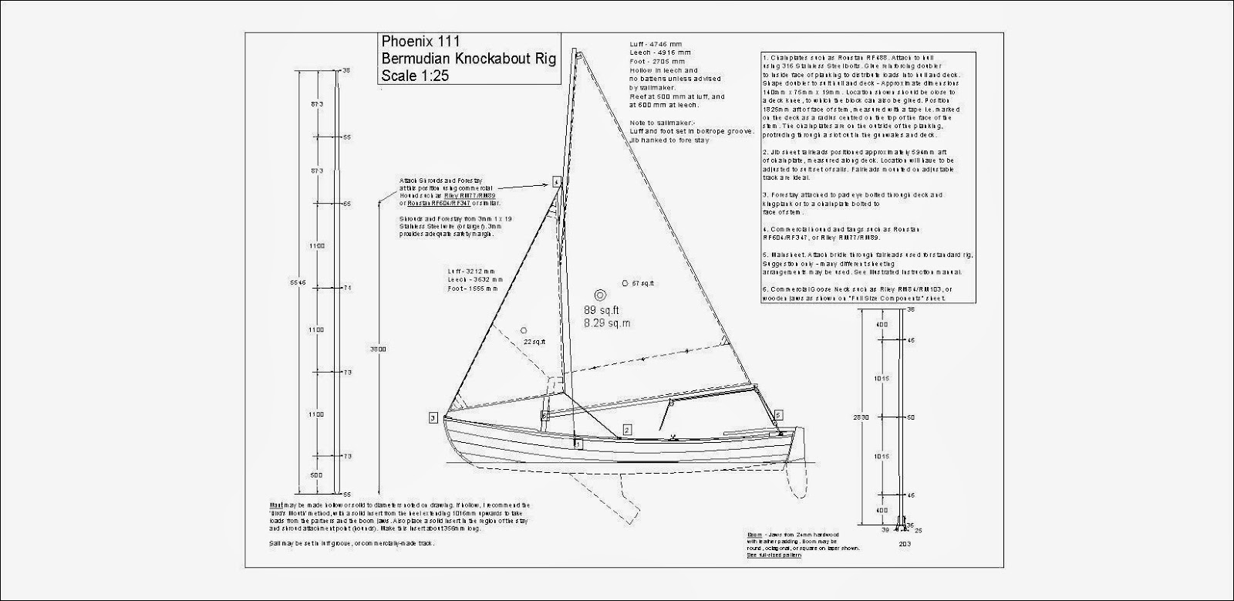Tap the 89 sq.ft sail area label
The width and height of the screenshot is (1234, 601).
point(601,309)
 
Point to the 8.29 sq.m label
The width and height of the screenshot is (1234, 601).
point(606,323)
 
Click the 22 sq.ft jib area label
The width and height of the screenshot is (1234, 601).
point(534,341)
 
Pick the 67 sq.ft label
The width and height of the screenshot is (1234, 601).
point(642,283)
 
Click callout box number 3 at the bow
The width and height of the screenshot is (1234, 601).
point(433,417)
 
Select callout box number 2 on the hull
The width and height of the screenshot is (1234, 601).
point(627,429)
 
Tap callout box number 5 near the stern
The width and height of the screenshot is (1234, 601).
point(778,415)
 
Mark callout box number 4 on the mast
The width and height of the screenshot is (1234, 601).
point(556,182)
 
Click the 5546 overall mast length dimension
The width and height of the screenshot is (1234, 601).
point(302,282)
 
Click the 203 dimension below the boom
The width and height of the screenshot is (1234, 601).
point(905,543)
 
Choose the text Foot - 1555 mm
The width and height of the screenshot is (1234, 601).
point(473,288)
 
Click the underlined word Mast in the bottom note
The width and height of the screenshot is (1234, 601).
point(275,505)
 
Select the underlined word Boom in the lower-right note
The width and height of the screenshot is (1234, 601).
point(755,534)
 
